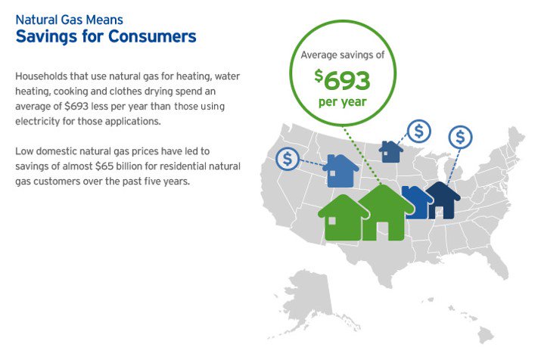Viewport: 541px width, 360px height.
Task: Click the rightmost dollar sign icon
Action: click(461, 137)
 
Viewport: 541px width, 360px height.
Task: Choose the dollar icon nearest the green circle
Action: click(418, 131)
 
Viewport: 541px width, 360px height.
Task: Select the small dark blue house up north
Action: click(391, 151)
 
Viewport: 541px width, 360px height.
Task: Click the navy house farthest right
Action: click(443, 200)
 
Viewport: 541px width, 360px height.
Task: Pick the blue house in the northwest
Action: click(341, 172)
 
